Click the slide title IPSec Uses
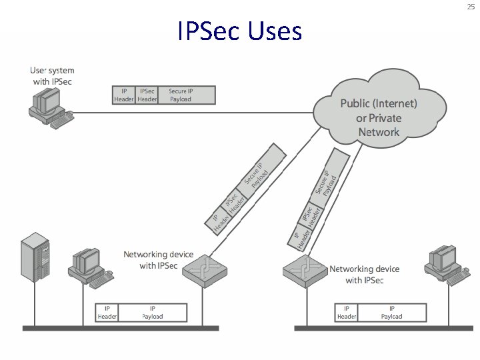[239, 31]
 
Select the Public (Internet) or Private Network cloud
[379, 117]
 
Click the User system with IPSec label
[52, 76]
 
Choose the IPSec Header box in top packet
[147, 95]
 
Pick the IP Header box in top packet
[124, 95]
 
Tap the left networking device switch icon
[205, 271]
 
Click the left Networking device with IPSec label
[159, 260]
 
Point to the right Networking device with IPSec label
[364, 275]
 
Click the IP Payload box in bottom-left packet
[153, 312]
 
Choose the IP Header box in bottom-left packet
[108, 312]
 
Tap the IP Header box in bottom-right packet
[347, 312]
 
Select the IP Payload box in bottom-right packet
[391, 312]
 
